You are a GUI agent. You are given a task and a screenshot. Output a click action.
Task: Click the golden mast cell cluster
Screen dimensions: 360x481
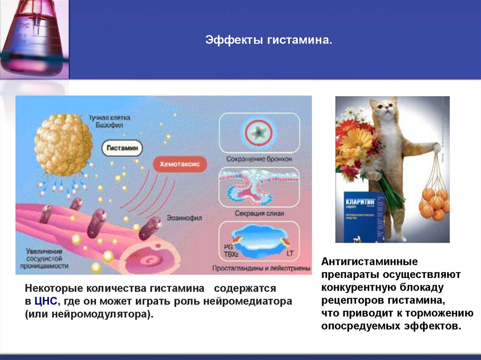63,144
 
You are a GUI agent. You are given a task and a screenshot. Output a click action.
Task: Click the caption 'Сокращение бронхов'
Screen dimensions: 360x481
259,159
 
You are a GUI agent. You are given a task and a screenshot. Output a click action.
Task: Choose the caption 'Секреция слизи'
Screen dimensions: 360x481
259,214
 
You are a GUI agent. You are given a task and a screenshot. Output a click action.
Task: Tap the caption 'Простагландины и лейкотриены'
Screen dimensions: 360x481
261,269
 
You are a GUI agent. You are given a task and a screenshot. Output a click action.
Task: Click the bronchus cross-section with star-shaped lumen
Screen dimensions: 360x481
259,133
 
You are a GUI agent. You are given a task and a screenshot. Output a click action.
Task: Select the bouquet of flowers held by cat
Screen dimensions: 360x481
359,146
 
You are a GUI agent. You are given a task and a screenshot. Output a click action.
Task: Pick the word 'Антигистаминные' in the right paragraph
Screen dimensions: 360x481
363,261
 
